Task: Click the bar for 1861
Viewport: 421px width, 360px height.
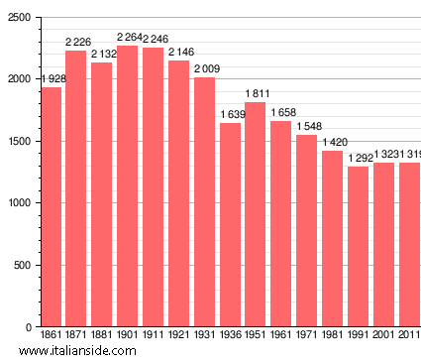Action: coord(51,207)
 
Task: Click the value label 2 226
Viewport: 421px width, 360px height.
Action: coord(76,42)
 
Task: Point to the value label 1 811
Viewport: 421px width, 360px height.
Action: coord(256,93)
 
